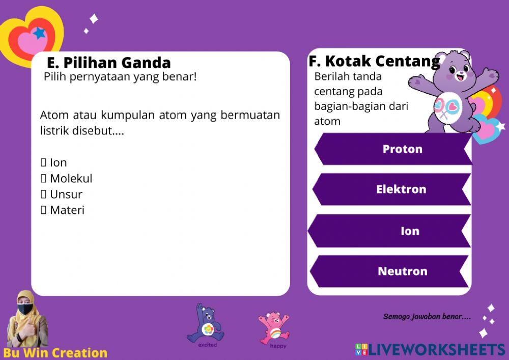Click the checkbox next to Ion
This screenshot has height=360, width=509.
click(x=43, y=163)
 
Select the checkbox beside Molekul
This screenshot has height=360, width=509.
click(x=43, y=179)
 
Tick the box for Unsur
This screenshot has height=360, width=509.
click(x=43, y=195)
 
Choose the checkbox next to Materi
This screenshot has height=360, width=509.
click(x=43, y=210)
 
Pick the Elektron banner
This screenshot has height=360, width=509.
click(x=392, y=189)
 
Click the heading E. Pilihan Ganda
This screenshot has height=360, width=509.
click(x=109, y=63)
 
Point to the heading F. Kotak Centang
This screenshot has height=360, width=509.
click(x=374, y=62)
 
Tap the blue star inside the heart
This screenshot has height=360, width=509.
click(x=39, y=34)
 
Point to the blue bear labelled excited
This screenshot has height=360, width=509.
click(x=206, y=324)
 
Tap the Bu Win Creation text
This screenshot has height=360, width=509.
click(x=55, y=353)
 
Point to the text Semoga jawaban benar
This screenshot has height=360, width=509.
click(x=427, y=317)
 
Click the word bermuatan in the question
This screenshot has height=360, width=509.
click(x=250, y=115)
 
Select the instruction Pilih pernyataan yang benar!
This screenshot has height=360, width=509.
click(x=120, y=77)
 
